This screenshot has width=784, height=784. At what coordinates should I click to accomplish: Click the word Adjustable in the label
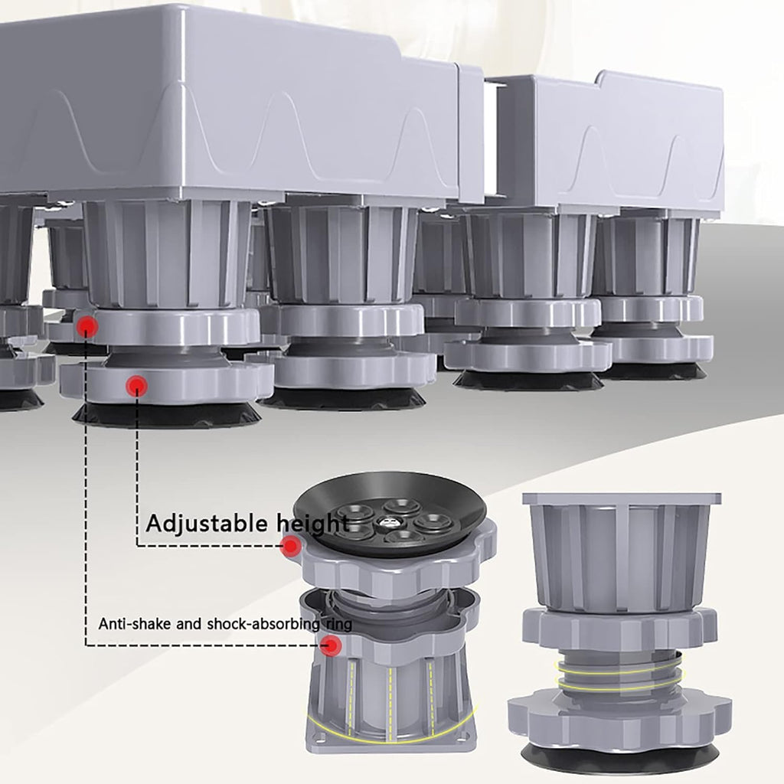coord(207,524)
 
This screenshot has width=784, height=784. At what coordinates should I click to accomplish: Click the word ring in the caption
coord(338,625)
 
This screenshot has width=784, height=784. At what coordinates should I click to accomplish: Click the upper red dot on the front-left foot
coord(87,326)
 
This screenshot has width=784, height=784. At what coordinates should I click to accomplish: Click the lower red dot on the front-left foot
coord(136,385)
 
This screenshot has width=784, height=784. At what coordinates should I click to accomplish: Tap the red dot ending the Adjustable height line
coord(290,546)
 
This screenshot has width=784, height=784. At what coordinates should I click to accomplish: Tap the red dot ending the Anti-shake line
coord(331,645)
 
